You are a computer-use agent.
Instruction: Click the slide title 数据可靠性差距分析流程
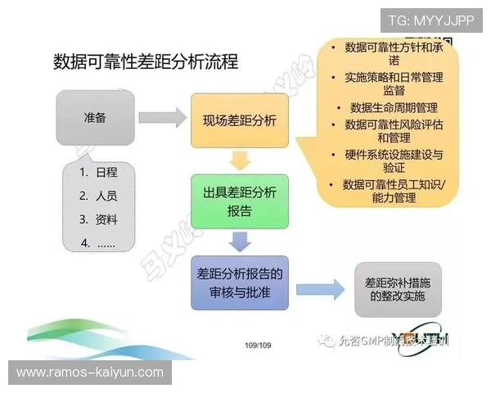pyautogui.click(x=146, y=62)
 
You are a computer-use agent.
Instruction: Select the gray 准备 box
pyautogui.click(x=95, y=118)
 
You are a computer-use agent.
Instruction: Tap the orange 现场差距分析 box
pyautogui.click(x=240, y=120)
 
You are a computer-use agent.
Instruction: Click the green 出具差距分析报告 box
pyautogui.click(x=240, y=201)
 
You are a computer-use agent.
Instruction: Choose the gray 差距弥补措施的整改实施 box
pyautogui.click(x=395, y=289)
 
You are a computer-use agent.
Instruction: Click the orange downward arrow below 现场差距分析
pyautogui.click(x=239, y=160)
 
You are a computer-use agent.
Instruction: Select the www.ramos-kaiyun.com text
pyautogui.click(x=90, y=373)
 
